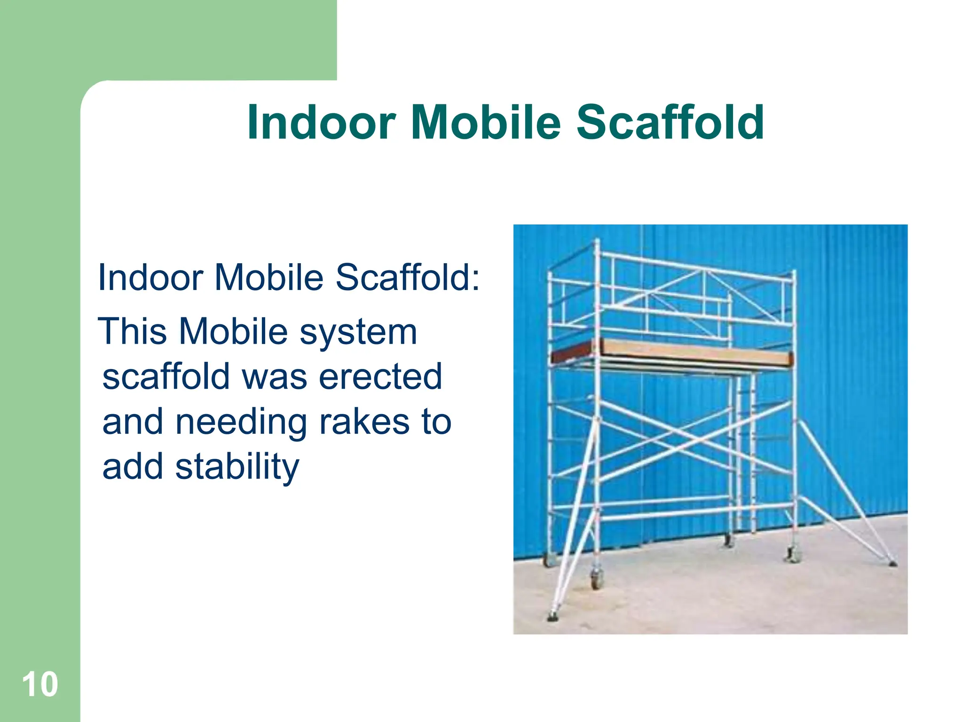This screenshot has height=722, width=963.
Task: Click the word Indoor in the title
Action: pos(321,122)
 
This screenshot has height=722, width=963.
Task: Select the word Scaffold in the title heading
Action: pos(670,122)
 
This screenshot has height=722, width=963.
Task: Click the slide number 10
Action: pos(40,684)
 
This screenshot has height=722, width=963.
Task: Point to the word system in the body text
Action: pos(358,332)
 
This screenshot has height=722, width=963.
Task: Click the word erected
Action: pos(380,377)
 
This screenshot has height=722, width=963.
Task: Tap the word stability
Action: pos(237,467)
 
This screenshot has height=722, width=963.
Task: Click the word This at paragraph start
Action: pos(133,332)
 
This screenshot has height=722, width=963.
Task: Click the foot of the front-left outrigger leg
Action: pos(553,616)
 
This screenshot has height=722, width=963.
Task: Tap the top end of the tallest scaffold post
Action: pos(597,242)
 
